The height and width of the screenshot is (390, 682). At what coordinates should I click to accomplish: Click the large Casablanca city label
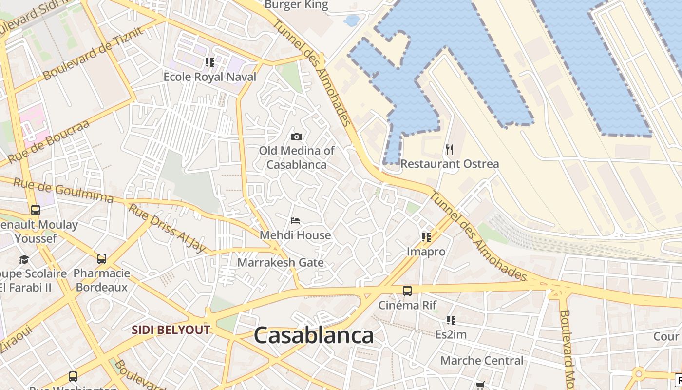pos(314,336)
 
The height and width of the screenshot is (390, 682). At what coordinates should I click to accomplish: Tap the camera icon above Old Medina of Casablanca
pos(296,136)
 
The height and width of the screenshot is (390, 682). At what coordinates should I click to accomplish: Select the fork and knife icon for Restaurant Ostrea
pos(450,150)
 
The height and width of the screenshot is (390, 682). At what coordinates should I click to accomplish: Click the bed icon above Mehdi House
pos(295,221)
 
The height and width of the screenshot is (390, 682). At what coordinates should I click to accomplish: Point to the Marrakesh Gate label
pos(280,263)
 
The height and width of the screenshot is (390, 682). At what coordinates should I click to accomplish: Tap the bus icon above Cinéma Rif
pos(407,291)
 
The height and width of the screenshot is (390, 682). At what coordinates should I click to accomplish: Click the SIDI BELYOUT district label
pos(170,330)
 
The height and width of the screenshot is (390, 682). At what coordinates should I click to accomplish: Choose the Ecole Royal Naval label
pos(209,77)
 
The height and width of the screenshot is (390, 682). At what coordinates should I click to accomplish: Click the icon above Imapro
pos(426,237)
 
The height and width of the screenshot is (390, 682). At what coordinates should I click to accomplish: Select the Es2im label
pos(451,334)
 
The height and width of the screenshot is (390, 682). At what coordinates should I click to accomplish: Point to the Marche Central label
pos(482,361)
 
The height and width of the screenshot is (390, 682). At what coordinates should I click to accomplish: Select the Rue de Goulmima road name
pos(63,191)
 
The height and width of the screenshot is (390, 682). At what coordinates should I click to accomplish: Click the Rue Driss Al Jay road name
pos(168,228)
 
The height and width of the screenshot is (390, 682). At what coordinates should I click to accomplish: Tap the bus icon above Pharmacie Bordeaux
pos(101,259)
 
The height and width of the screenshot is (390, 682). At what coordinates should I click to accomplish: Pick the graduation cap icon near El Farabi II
pos(24,259)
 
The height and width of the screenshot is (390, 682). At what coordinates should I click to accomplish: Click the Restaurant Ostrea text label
pos(450,164)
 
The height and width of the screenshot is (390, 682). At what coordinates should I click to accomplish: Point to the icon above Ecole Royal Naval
pos(209,62)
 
